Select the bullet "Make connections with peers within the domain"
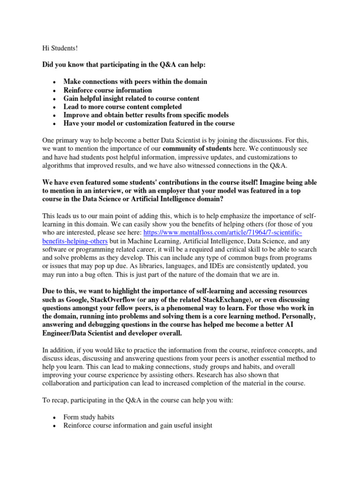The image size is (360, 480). [135, 82]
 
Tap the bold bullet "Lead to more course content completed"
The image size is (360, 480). [122, 107]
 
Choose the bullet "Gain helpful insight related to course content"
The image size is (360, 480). [131, 98]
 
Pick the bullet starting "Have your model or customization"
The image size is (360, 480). [149, 124]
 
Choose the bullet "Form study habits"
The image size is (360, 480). [91, 417]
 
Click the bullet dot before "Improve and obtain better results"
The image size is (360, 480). [55, 115]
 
